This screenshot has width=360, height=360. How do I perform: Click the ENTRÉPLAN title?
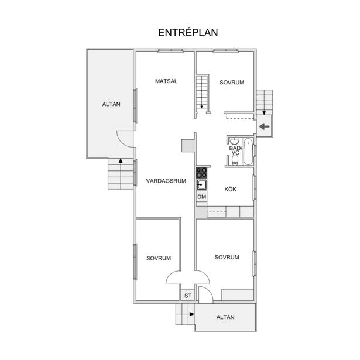188,33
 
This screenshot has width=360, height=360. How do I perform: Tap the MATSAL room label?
166,81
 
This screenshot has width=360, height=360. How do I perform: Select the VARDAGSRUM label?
166,181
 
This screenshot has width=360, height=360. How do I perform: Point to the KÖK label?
230,189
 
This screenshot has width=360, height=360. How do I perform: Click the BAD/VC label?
235,150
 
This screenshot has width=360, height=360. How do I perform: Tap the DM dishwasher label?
202,197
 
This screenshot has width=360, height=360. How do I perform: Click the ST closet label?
188,296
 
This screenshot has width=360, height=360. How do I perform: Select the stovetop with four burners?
201,173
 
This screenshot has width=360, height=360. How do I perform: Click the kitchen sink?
201,184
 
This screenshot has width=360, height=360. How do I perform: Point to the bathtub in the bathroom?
248,152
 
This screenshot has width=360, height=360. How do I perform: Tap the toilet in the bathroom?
235,160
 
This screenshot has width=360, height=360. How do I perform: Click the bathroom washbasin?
234,141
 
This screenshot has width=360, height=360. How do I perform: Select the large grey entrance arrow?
264,126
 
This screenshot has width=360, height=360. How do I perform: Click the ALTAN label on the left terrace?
111,104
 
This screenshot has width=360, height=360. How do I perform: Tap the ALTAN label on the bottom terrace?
225,317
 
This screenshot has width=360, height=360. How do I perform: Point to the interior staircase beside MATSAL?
202,94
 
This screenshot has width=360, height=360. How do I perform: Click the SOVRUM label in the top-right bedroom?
232,83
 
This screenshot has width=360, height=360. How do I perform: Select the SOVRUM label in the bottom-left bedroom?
159,258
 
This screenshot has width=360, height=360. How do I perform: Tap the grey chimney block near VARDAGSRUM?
188,146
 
